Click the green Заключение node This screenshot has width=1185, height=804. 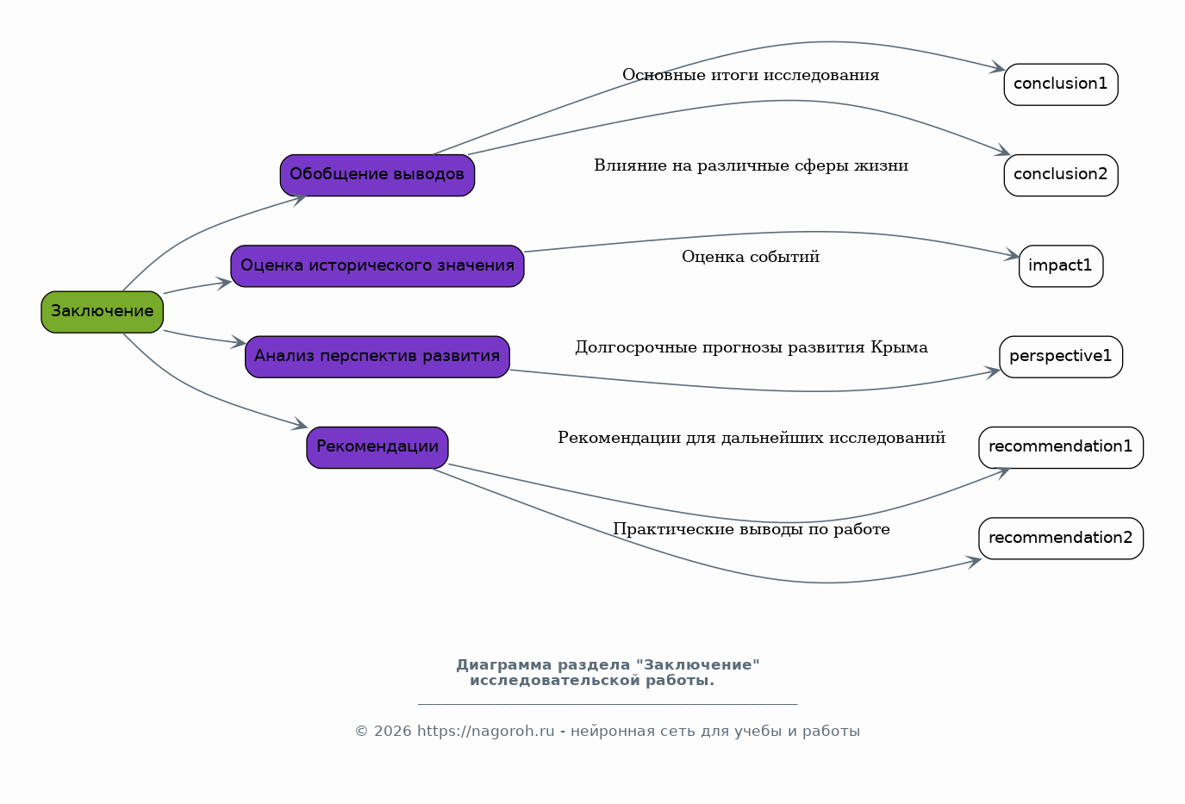[102, 312]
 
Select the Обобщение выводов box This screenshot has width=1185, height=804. [377, 175]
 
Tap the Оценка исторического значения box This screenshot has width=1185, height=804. [377, 265]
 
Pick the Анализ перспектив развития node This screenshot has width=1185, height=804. [377, 357]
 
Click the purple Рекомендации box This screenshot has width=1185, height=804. [377, 447]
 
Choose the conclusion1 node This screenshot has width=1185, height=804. [1060, 84]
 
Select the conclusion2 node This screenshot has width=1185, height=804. [1060, 175]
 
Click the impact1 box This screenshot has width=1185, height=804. [1060, 265]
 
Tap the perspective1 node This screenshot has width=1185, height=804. [1060, 357]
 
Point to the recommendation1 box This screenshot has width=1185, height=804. [1060, 447]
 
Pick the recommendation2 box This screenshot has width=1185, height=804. [1060, 539]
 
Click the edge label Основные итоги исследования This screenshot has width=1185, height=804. [751, 76]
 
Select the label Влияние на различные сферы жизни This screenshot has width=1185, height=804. [751, 166]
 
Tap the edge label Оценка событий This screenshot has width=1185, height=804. [751, 257]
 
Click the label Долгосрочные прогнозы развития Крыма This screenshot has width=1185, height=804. [751, 348]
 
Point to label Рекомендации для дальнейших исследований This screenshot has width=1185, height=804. [751, 439]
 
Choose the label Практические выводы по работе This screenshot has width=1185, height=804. [751, 530]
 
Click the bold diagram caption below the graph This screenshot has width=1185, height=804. [607, 673]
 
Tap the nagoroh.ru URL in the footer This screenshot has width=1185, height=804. [486, 732]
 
